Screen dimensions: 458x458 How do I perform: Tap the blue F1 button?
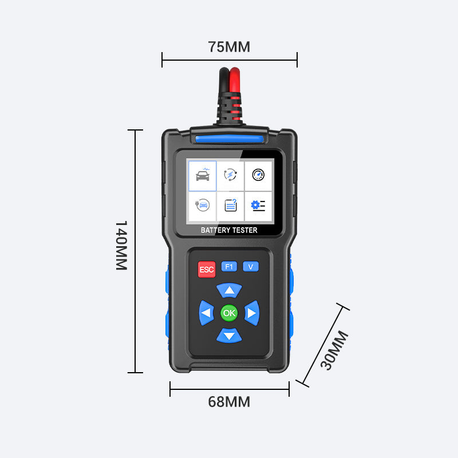229,266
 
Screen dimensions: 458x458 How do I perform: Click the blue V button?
251,266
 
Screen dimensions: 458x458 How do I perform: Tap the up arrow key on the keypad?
230,290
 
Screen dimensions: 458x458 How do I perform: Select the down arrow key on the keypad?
230,335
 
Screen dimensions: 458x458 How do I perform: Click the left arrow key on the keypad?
206,313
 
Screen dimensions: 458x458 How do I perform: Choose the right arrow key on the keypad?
252,313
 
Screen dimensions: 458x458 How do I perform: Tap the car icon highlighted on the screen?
203,175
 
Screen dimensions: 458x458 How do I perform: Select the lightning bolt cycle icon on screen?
231,175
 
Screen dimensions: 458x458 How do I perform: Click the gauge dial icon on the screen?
258,175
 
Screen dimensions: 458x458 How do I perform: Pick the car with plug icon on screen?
203,205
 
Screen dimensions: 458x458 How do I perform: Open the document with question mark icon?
231,205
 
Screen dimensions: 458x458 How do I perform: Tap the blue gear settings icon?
258,206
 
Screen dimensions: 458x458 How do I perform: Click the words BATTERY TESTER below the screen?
229,230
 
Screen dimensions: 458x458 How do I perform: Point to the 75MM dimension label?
229,47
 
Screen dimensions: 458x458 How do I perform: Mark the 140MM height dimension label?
121,246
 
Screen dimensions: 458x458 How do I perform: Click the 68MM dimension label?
229,402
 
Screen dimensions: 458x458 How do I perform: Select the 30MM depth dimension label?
334,350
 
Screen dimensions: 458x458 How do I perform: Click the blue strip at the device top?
230,139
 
